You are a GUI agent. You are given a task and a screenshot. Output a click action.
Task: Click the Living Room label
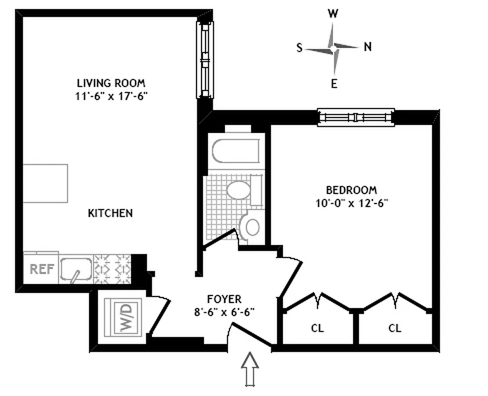pos(111,83)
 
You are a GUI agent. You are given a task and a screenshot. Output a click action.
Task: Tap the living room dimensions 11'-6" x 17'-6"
pos(111,96)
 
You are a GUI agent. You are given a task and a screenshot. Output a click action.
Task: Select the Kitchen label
pos(110,213)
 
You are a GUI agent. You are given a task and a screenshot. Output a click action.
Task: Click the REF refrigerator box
pos(41,269)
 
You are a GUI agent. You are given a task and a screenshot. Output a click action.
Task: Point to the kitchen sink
pos(76,269)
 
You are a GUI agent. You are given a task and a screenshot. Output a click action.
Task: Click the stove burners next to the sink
pos(112,269)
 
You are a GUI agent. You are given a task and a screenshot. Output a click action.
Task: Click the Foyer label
pos(224,299)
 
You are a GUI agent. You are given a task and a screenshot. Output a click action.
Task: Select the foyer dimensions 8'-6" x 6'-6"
pos(224,312)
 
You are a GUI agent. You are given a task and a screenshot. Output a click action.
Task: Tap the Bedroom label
pos(351,190)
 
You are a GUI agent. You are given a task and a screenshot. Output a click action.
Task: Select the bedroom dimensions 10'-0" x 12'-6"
pos(351,202)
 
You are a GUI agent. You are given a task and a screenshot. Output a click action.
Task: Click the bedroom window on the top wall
pos(355,117)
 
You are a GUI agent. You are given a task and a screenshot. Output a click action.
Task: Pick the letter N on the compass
pos(368,47)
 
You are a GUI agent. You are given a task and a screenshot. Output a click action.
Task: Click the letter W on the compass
pos(333,14)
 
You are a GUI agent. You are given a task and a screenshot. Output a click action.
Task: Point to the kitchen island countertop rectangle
pos(45,183)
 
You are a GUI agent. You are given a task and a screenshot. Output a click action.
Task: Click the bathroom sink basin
pos(239,190)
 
